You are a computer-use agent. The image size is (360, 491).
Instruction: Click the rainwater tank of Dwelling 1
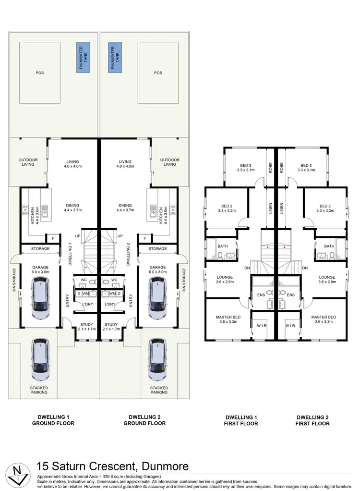[x=82, y=58]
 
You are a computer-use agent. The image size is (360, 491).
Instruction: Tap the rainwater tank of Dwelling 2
[x=114, y=58]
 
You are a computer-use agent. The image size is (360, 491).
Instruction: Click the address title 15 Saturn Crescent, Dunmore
[x=112, y=466]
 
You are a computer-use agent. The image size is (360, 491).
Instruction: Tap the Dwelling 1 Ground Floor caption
[x=53, y=420]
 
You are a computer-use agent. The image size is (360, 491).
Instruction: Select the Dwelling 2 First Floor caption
[x=312, y=420]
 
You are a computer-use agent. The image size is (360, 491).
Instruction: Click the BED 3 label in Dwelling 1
[x=245, y=167]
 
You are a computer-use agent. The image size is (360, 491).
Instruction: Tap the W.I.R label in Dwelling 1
[x=261, y=325]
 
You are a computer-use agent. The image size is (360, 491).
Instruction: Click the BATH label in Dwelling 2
[x=329, y=246]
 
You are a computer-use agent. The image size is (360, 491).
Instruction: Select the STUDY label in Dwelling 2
[x=111, y=327]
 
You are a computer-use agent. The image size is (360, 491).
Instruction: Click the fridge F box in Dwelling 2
[x=144, y=238]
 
